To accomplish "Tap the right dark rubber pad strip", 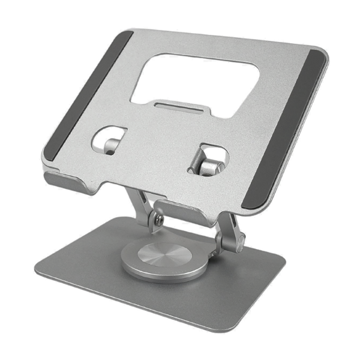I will (x=288, y=129).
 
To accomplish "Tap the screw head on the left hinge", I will (x=157, y=221).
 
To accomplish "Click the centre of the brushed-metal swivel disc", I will (x=160, y=255).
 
